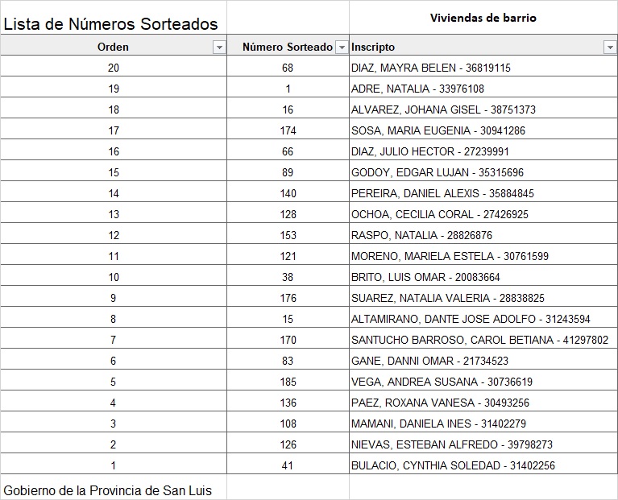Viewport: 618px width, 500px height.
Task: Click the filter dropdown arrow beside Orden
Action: coord(218,48)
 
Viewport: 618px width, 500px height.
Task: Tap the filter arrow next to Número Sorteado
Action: coord(342,48)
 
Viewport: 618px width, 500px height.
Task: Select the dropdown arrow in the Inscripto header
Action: coord(609,48)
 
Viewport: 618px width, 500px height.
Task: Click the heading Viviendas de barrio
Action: coord(483,18)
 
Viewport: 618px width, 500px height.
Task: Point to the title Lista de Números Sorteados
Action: coord(110,25)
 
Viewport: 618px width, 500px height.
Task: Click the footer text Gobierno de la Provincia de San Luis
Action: coord(107,490)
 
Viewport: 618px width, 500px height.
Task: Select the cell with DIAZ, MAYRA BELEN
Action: coord(430,68)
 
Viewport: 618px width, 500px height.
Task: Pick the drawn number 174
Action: coord(288,131)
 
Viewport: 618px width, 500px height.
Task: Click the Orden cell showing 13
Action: coord(114,215)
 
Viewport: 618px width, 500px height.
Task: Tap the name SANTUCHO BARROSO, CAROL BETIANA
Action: coord(479,341)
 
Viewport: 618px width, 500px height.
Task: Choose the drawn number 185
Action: coord(288,382)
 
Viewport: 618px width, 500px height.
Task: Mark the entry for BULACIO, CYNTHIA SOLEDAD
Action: coord(453,466)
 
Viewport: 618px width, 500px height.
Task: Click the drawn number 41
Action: coord(288,466)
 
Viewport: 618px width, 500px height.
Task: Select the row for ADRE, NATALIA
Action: coord(417,89)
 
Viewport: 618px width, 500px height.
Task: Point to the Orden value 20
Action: coord(114,68)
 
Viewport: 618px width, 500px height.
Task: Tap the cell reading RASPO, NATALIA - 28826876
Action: coord(421,236)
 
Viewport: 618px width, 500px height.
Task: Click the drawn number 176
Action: coord(288,299)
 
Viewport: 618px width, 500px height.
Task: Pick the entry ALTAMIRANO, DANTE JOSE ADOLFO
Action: coord(471,320)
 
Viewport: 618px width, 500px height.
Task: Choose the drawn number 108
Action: coord(288,424)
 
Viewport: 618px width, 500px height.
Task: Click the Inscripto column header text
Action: coord(373,48)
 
